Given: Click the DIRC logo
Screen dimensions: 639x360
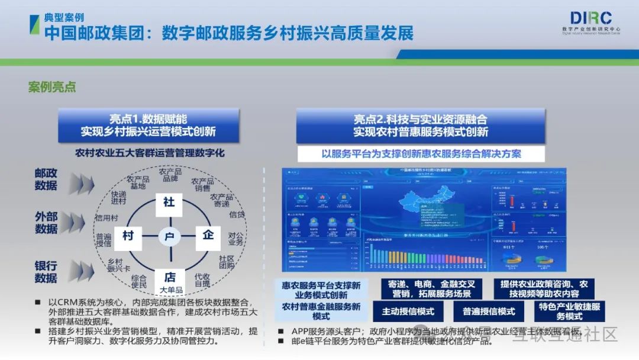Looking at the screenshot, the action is coord(590,18).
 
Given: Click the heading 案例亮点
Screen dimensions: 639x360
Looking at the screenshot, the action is coord(52,87).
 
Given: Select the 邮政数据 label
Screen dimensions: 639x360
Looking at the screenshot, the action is coord(46,179).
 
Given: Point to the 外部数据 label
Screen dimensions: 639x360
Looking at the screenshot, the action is coord(46,223).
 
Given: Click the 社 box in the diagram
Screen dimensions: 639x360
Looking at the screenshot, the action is coord(169,202).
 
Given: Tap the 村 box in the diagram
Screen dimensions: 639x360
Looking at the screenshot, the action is coord(128,236).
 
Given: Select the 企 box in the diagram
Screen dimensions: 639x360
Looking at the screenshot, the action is coord(208,235).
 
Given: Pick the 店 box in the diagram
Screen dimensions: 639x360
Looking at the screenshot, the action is coord(169,277).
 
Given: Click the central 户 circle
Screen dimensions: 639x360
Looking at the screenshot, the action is coord(169,237).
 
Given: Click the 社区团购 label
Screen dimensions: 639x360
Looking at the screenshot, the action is coord(227,262).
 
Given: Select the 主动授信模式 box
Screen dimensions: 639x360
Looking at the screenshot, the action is coord(408,311).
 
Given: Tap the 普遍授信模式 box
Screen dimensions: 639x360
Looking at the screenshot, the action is coord(489,311).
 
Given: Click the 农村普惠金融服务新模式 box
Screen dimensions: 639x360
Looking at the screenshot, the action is coord(321,311).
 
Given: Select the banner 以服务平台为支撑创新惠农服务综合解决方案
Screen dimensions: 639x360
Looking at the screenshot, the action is coord(421,154).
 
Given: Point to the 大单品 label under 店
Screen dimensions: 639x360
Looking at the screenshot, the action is coord(171,290).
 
